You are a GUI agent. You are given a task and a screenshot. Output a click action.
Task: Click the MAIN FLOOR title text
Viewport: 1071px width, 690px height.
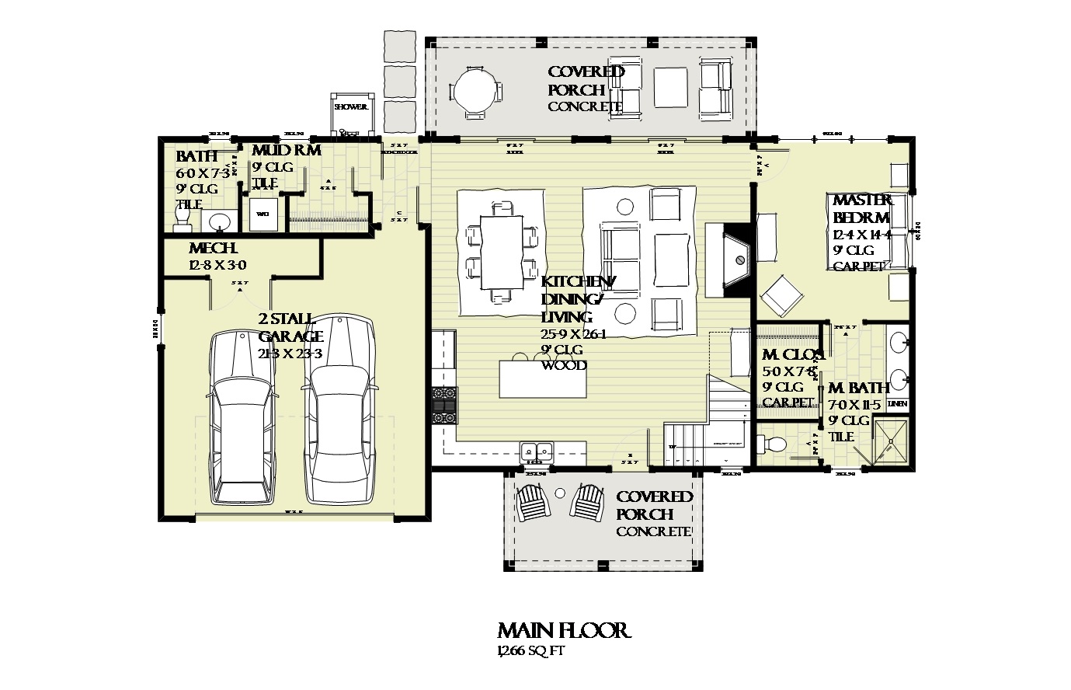[563, 630]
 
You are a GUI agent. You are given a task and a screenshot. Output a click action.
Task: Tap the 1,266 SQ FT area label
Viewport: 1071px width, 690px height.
[530, 651]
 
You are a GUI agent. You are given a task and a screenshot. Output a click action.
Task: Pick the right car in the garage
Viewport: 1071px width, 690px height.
[339, 409]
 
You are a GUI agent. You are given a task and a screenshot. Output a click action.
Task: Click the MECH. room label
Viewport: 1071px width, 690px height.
[213, 249]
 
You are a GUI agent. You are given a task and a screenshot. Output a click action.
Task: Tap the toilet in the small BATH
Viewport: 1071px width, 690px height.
[183, 223]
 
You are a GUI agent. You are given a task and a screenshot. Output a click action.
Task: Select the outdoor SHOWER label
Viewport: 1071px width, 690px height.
[349, 107]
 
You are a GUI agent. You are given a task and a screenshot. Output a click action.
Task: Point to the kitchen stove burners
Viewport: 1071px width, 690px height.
[445, 404]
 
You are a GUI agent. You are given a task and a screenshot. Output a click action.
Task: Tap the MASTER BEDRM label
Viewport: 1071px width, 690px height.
[861, 209]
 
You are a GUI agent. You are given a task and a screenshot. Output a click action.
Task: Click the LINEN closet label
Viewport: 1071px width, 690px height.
[897, 404]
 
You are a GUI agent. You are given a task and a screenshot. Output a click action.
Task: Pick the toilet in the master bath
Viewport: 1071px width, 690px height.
[771, 444]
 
